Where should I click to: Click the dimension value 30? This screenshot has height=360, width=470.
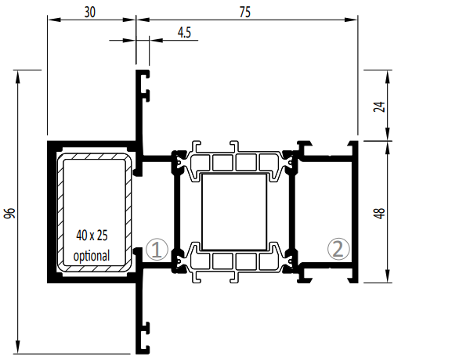tap(89, 13)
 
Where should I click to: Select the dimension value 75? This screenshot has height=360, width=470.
tap(245, 13)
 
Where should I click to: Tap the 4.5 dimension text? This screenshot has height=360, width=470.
tap(184, 32)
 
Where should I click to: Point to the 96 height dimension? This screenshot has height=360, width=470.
tap(10, 213)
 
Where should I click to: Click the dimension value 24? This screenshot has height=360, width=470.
tap(379, 106)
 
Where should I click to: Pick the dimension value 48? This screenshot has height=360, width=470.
tap(379, 213)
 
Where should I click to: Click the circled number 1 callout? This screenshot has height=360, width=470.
tap(157, 249)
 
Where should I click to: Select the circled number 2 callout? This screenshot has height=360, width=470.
tap(338, 249)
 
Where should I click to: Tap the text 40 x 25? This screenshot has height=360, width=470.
tap(92, 236)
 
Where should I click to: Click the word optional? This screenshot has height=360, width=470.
tap(92, 255)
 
